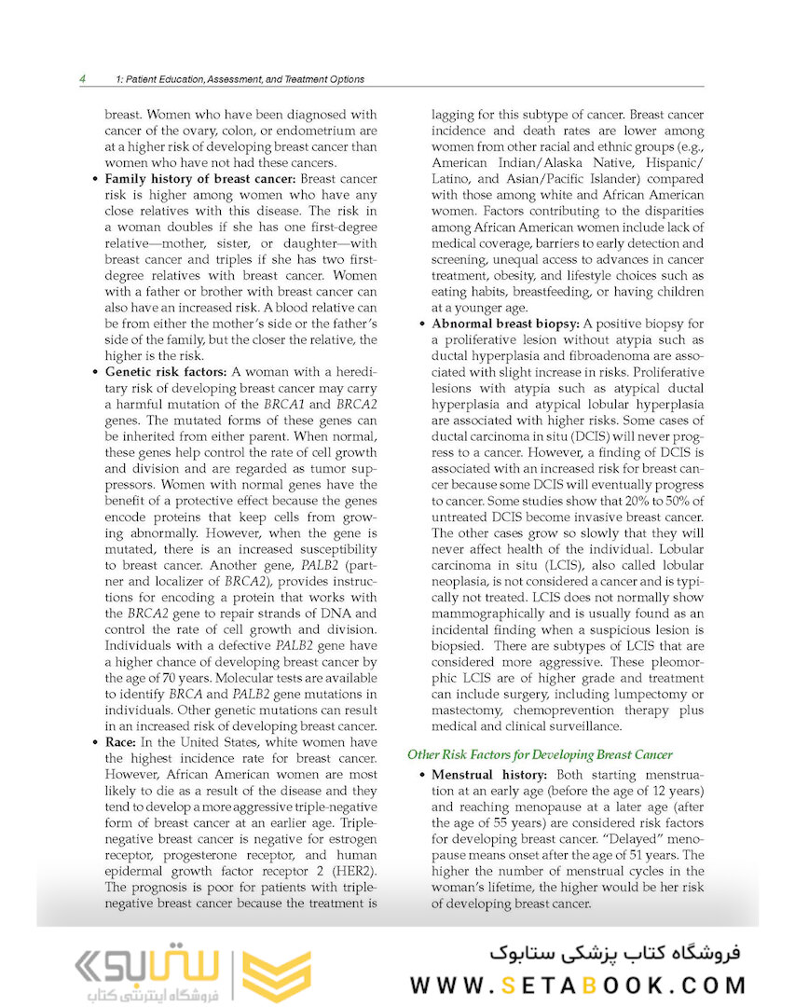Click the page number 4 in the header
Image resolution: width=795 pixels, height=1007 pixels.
(83, 79)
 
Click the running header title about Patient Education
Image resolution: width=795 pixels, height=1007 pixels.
(238, 79)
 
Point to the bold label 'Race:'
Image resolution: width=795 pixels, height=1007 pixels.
(124, 742)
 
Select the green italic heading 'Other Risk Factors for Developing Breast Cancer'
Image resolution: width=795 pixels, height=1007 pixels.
(540, 753)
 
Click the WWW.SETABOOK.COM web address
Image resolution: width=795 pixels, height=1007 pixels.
(579, 985)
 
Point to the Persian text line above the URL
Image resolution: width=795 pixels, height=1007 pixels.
(612, 951)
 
